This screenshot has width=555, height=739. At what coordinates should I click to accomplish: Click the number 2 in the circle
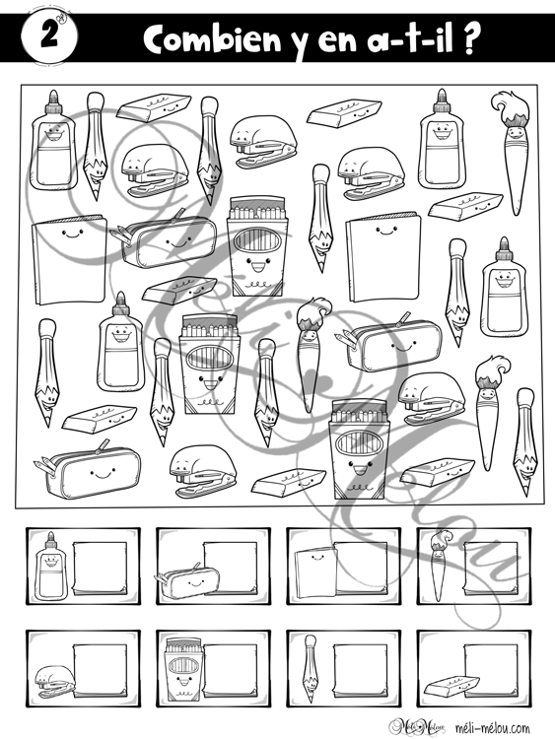point(49,35)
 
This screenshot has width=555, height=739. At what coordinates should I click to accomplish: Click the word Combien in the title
point(212,38)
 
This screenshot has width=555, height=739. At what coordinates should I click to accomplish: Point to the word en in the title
point(337,42)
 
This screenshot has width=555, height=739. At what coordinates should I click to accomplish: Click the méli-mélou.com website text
point(492,728)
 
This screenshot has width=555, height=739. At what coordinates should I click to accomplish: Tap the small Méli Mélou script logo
point(417,726)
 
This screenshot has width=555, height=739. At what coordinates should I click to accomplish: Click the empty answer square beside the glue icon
point(100,568)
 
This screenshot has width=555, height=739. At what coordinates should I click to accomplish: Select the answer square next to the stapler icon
point(100,670)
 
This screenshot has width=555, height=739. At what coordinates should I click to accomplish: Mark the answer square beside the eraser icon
point(491,670)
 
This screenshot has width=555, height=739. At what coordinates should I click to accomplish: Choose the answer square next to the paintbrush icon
point(491,568)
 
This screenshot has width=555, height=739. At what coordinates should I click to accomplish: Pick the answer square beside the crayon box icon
point(231,670)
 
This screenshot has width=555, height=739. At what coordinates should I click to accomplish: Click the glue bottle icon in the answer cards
point(50,566)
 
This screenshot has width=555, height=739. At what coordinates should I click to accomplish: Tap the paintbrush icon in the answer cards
point(440,566)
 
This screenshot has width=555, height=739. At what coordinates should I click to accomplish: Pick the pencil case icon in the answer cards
point(187,580)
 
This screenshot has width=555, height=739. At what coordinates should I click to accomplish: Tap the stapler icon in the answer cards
point(55,681)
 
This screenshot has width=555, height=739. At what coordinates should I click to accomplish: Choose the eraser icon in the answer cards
point(451,686)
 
